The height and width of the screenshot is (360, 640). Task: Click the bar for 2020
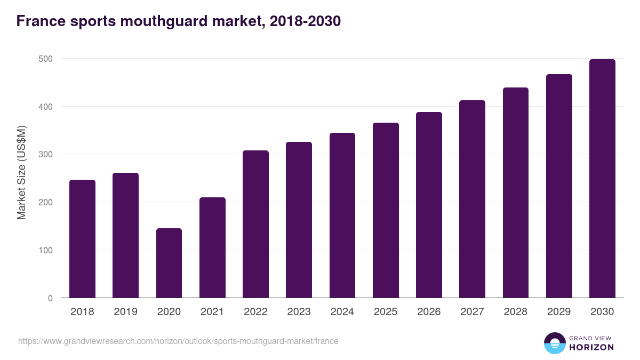pos(169,263)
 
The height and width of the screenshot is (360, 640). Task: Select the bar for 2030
pos(602,179)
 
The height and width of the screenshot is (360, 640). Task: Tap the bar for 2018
pos(82,239)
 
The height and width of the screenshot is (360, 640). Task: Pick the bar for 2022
pos(255,224)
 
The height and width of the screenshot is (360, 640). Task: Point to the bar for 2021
pos(212,247)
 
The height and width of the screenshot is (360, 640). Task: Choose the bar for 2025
pos(386,210)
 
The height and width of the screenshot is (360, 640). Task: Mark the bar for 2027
pos(472,199)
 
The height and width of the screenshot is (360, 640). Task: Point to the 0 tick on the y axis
pos(50,298)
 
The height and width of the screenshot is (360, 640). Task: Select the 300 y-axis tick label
pos(46,155)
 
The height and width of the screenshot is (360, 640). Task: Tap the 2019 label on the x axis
pos(125,312)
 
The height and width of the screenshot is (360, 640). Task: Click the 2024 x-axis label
pos(342,312)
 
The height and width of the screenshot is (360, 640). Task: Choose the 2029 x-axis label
pos(559,312)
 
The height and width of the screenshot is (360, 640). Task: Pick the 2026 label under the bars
pos(429,312)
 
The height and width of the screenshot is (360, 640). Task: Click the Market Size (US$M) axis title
pos(21,173)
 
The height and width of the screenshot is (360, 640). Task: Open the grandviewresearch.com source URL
pos(178,341)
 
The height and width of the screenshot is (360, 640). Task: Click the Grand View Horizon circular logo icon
pos(554,343)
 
